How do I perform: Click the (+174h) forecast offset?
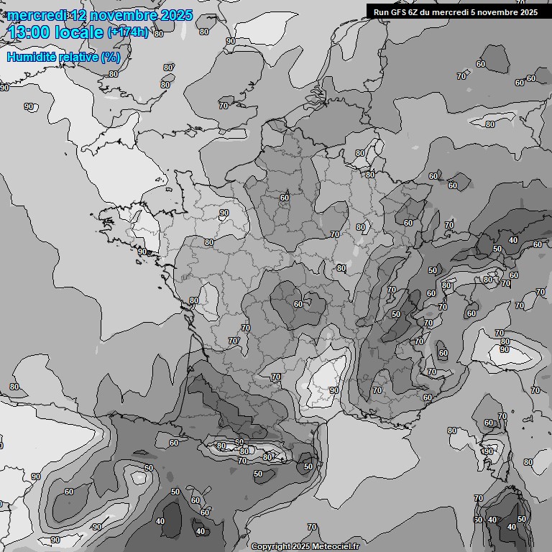tap(128, 32)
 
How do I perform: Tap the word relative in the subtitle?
tap(78, 57)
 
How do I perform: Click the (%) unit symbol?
tap(111, 57)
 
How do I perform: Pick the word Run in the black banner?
tap(381, 11)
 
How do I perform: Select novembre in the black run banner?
tap(495, 11)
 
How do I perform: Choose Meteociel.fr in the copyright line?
tap(333, 546)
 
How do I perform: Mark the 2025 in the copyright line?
tap(301, 546)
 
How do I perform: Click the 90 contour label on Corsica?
tap(489, 451)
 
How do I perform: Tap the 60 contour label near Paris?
tap(285, 197)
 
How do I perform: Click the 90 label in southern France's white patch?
tap(333, 390)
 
